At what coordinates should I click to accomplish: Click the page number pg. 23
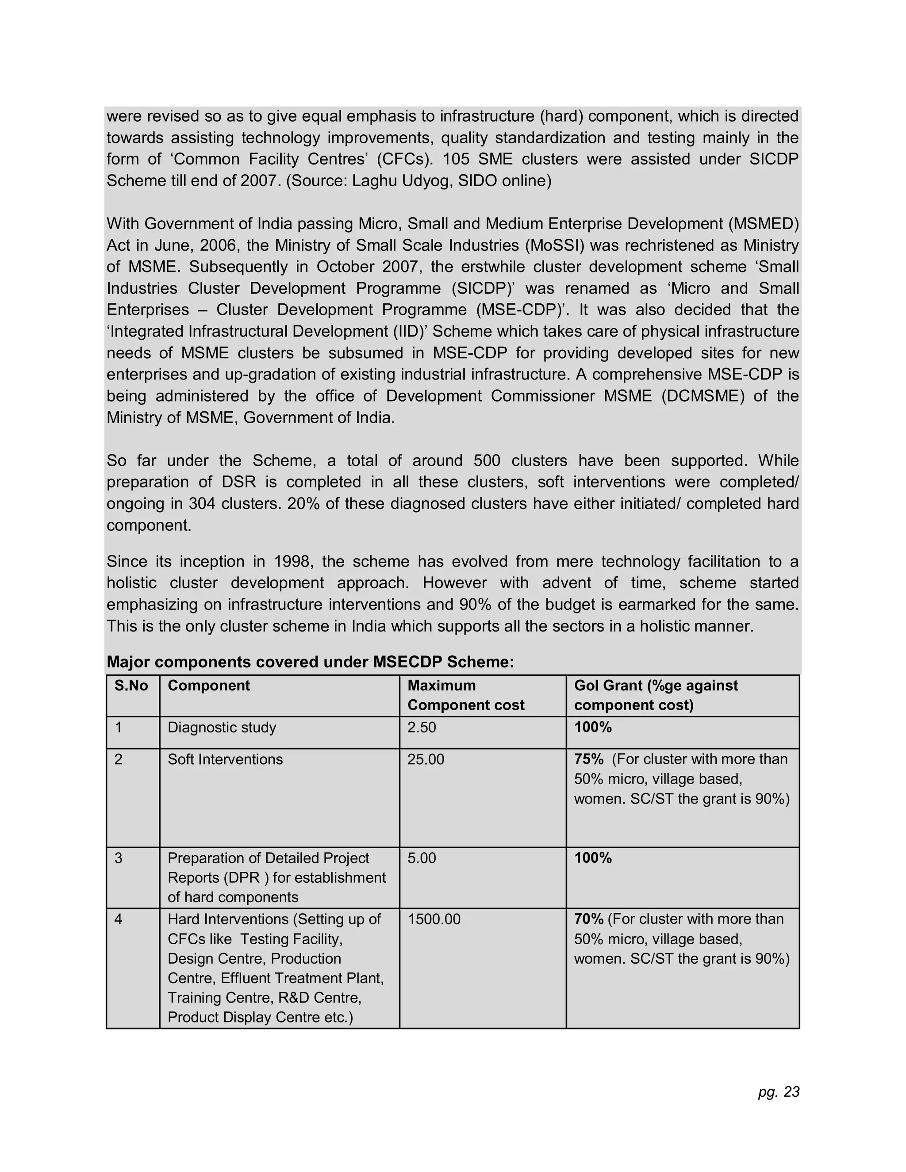click(778, 1092)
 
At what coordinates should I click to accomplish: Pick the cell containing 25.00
click(426, 759)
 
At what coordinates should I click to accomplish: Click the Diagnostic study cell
click(222, 727)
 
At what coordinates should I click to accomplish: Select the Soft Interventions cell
click(225, 759)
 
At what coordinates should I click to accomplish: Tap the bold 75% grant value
click(588, 759)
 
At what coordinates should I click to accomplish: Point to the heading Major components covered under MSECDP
click(310, 662)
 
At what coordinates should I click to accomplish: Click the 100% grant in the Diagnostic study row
click(592, 727)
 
